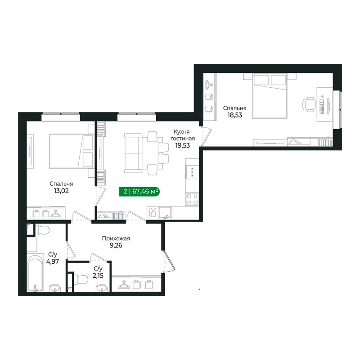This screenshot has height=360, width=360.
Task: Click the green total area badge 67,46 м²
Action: pyautogui.click(x=139, y=191)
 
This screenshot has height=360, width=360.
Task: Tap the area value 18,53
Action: pyautogui.click(x=234, y=115)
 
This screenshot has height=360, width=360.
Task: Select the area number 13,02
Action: pyautogui.click(x=61, y=191)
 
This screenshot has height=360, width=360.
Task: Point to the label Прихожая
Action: pyautogui.click(x=116, y=238)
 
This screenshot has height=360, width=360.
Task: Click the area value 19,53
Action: pyautogui.click(x=183, y=145)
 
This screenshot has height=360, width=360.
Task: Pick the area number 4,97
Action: pyautogui.click(x=53, y=261)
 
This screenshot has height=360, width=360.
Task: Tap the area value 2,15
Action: pyautogui.click(x=98, y=275)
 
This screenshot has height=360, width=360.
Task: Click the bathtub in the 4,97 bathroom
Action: pyautogui.click(x=35, y=273)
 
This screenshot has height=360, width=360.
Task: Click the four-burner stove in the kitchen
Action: pyautogui.click(x=192, y=199)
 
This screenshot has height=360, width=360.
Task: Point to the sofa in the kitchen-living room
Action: pyautogui.click(x=133, y=153)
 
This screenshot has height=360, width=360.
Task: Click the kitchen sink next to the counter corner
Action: pyautogui.click(x=165, y=213)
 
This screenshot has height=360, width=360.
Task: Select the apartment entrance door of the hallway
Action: pyautogui.click(x=170, y=262)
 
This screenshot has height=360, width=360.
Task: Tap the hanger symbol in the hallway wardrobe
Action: pyautogui.click(x=124, y=285)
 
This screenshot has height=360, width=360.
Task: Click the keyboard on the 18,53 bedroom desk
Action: pyautogui.click(x=322, y=107)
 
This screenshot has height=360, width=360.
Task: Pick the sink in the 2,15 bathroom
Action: pyautogui.click(x=102, y=288)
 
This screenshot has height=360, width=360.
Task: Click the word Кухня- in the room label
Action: pyautogui.click(x=183, y=132)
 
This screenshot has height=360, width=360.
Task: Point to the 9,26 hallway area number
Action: pyautogui.click(x=116, y=246)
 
